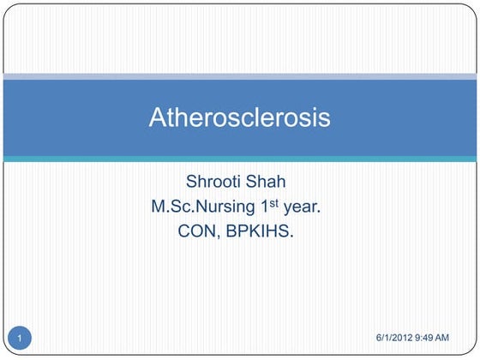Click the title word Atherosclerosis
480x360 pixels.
(240, 117)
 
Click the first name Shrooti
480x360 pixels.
(216, 183)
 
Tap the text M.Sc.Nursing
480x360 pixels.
(202, 207)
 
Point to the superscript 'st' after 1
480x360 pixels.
(279, 202)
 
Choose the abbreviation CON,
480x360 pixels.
(198, 231)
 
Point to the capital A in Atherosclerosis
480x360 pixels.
(159, 117)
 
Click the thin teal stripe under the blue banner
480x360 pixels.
(240, 159)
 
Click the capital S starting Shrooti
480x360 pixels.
(191, 183)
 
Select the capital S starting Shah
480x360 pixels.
(259, 183)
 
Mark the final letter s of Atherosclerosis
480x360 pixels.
(324, 118)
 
